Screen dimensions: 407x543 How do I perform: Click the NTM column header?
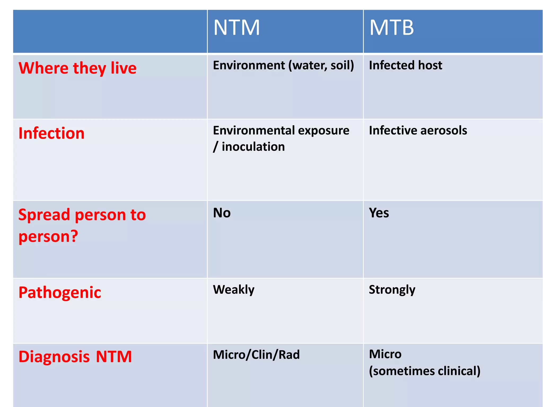click(x=236, y=28)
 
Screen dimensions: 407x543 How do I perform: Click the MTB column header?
click(x=391, y=28)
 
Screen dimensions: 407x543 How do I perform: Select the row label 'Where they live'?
click(x=77, y=68)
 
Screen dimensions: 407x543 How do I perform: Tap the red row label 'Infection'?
click(x=51, y=133)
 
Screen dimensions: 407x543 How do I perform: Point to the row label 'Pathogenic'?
click(x=60, y=293)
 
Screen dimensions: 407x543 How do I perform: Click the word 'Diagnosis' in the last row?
click(x=54, y=357)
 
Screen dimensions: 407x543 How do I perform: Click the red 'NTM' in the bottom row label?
click(x=114, y=357)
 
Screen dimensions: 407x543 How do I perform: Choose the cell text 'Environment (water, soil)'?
click(x=283, y=65)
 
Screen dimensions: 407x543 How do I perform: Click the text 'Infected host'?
click(x=405, y=65)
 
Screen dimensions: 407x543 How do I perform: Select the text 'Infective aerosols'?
click(x=418, y=131)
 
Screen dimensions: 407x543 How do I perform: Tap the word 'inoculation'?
click(x=253, y=147)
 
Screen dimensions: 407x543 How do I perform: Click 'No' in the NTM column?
click(x=222, y=213)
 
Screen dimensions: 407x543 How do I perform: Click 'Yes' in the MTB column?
click(x=379, y=213)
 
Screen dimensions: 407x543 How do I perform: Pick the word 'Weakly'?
click(x=234, y=290)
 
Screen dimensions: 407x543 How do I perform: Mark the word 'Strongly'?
click(x=392, y=290)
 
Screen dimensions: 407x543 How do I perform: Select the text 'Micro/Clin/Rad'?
click(x=256, y=355)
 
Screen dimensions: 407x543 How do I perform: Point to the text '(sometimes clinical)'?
click(x=424, y=371)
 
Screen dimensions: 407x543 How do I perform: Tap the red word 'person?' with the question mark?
click(x=48, y=236)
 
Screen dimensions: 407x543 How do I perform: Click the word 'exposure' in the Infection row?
click(x=323, y=131)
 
